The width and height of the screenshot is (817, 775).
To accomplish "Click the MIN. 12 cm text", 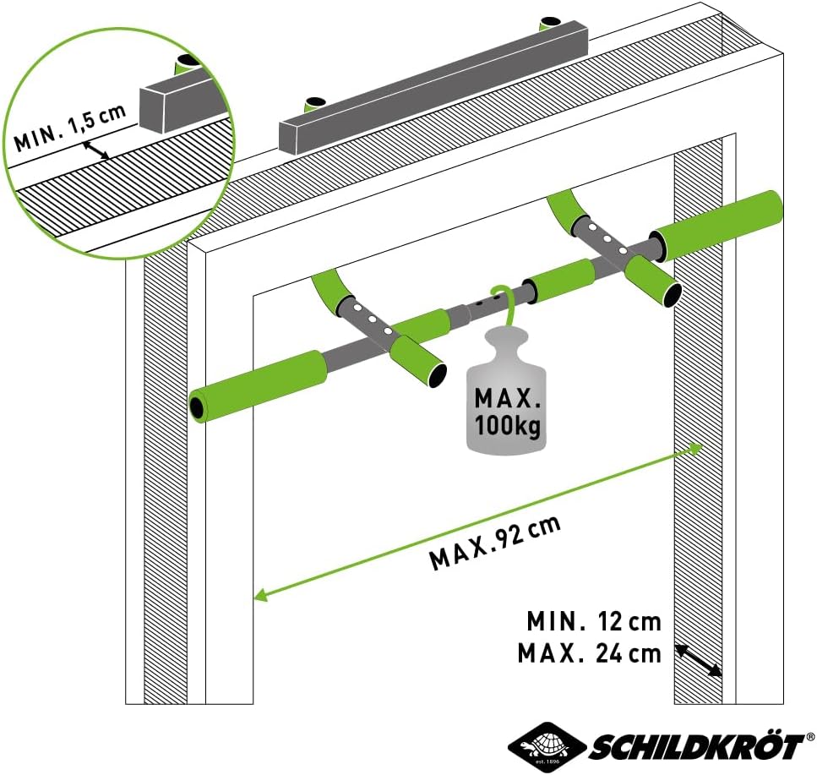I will pos(594,622).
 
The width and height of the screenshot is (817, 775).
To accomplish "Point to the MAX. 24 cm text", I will pos(589,653).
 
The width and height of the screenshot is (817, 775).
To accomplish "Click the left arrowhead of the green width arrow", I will pos(261,598).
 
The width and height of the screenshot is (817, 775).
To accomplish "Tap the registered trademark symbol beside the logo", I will pos(809,737).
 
